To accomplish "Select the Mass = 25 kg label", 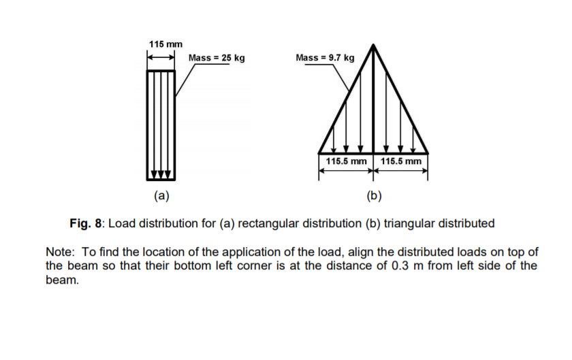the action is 217,59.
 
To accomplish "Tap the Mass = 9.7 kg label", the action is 325,59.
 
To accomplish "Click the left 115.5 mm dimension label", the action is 346,162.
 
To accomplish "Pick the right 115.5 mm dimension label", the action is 402,162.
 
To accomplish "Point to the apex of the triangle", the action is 373,46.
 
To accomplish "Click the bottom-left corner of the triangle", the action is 319,153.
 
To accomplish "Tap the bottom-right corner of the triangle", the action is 428,153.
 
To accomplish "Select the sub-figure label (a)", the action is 161,197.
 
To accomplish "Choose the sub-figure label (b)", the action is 373,197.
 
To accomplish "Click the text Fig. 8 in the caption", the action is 86,223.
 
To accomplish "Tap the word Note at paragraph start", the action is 59,252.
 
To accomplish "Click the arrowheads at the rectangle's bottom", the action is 161,174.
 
